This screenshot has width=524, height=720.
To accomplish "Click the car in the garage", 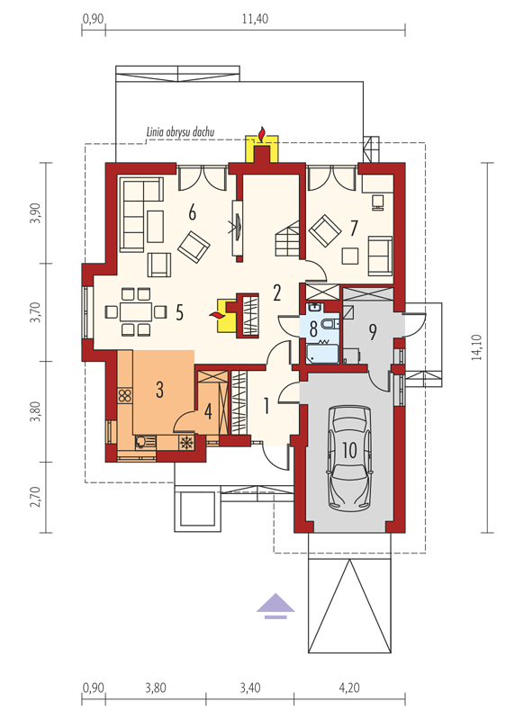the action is click(x=350, y=457).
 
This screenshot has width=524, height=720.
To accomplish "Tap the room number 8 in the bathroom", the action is click(x=313, y=328).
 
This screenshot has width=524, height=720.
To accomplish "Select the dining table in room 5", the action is click(x=136, y=311).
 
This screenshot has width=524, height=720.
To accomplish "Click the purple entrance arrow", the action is click(x=276, y=606).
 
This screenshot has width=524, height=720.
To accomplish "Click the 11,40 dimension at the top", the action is click(x=255, y=19).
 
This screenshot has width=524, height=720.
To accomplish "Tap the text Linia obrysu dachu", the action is click(x=180, y=132).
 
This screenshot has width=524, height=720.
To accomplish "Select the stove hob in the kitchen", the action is click(x=124, y=395).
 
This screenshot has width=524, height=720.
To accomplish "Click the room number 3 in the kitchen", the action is click(x=159, y=390).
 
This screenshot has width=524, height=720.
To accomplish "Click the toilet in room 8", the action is click(x=330, y=325).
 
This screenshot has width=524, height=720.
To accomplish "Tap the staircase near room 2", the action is click(x=287, y=239).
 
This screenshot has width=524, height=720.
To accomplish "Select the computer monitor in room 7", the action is click(x=378, y=202).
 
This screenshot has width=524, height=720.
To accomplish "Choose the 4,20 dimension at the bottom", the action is click(x=349, y=688).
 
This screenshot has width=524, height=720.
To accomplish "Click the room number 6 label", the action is click(x=192, y=212).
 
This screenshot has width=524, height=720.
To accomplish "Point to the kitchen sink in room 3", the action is click(x=141, y=442).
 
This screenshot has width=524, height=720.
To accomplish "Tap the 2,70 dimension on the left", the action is click(x=36, y=497).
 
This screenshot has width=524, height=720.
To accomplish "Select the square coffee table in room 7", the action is click(x=350, y=256).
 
